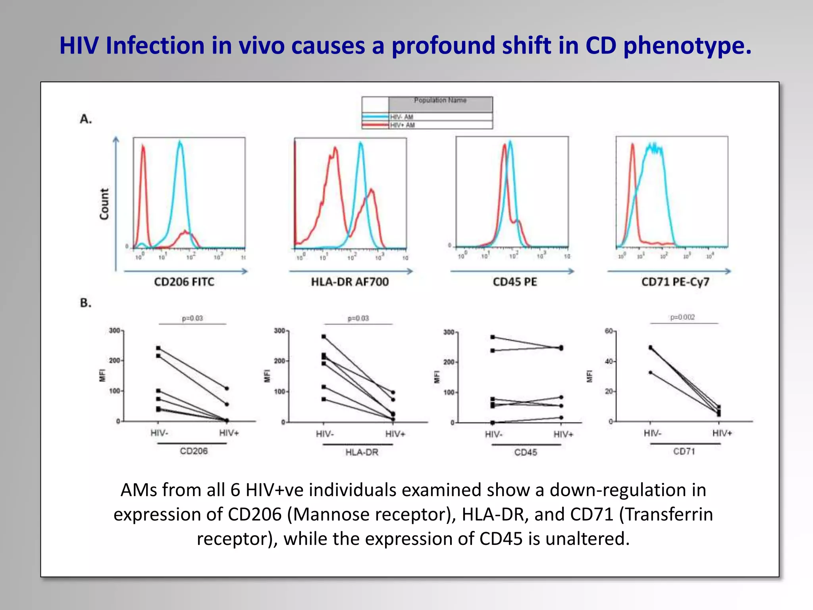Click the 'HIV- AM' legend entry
point(402,117)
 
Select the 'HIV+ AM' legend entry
point(403,125)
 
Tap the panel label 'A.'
point(86,119)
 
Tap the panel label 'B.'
point(86,303)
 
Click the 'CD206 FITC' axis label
point(184,282)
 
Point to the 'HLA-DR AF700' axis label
point(350,282)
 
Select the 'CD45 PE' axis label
point(515,282)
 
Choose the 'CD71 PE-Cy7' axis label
point(675,282)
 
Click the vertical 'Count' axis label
point(104,204)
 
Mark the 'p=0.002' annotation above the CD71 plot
point(682,317)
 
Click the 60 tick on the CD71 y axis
point(609,331)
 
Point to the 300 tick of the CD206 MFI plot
point(114,330)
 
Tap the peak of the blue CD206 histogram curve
point(180,142)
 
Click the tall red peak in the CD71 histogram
point(632,145)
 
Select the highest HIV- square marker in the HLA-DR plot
point(324,336)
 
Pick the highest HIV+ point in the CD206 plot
point(227,388)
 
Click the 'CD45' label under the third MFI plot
point(526,452)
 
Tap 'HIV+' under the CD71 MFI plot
point(722,433)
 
